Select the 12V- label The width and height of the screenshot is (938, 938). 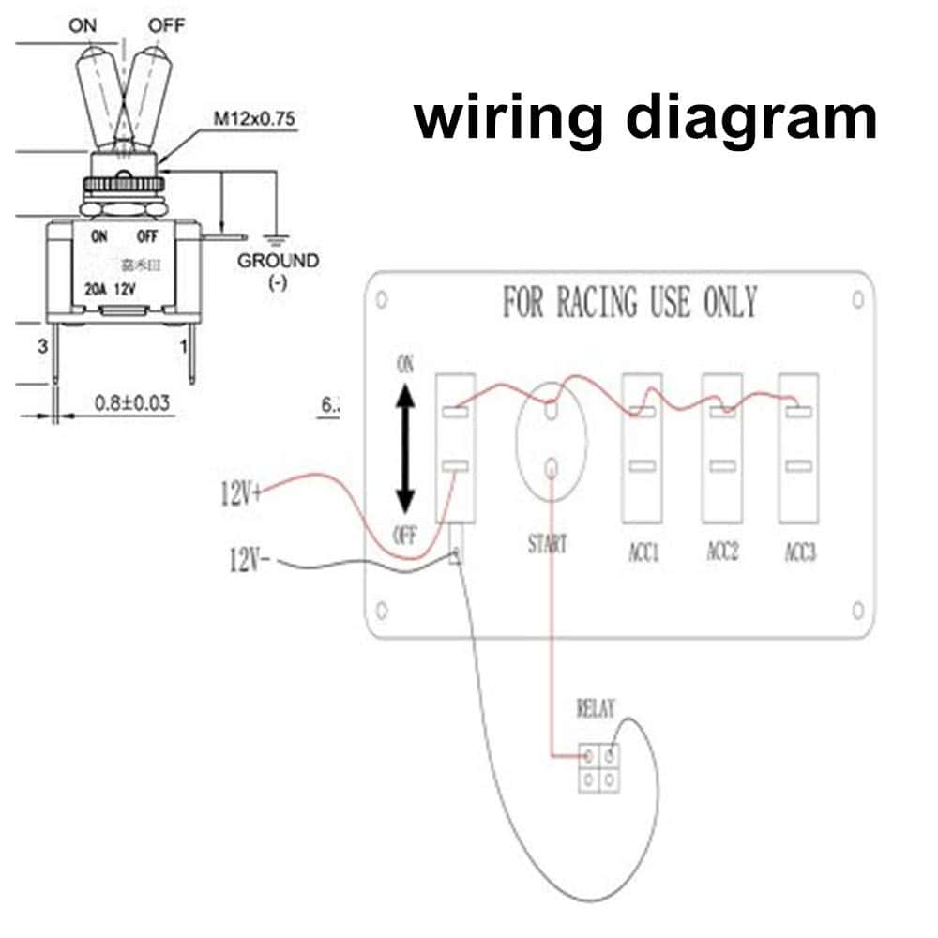tap(250, 560)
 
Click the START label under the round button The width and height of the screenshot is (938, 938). tap(547, 543)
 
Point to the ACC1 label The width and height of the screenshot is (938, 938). tap(643, 552)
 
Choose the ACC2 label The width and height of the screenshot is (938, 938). tap(722, 552)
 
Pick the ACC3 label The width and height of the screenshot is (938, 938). tap(800, 552)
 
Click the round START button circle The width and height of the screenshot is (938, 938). tap(551, 439)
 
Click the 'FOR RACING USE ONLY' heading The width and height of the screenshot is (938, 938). tap(629, 303)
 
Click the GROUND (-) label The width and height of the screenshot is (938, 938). tap(278, 269)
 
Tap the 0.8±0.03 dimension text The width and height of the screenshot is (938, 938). tap(131, 402)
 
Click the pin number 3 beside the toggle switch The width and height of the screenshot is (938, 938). tap(41, 347)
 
